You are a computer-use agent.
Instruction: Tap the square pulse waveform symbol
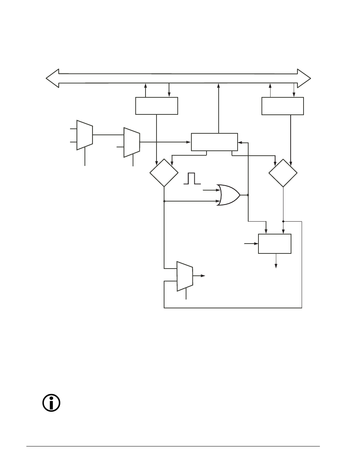point(192,178)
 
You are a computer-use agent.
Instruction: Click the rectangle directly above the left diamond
point(157,106)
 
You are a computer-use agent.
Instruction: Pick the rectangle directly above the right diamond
point(283,106)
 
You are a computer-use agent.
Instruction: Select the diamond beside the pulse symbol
point(164,173)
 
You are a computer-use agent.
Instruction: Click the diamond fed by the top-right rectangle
point(283,173)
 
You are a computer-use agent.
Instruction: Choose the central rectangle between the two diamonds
point(214,142)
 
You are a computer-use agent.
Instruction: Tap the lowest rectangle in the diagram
point(275,244)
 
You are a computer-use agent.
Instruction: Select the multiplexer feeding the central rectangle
point(132,142)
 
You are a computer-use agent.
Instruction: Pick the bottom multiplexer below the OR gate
point(185,276)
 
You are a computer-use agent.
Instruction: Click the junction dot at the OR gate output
point(248,195)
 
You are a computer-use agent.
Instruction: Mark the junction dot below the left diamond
point(164,201)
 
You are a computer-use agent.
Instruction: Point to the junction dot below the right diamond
point(283,221)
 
